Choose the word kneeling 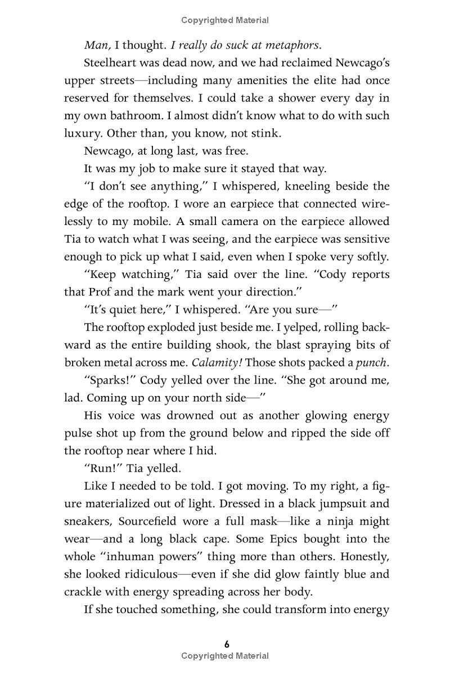319,186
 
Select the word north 200,399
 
